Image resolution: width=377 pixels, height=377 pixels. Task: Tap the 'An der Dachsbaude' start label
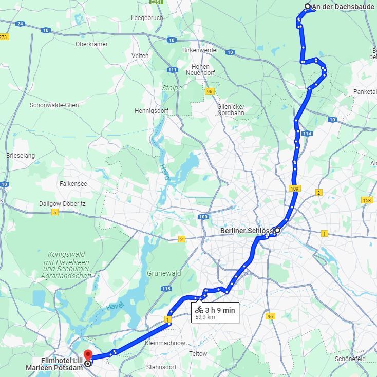coord(344,7)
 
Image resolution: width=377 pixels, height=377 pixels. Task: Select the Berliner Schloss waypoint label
coord(246,231)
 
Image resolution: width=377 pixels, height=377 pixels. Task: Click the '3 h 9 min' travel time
coord(220,310)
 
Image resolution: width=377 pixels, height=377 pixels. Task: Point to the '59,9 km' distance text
coord(205,317)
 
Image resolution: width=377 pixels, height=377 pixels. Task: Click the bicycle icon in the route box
coord(199,310)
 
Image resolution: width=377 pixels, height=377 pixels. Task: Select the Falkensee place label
coord(73,183)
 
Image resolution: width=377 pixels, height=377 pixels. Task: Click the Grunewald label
coord(164,273)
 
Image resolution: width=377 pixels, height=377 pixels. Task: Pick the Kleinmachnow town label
coord(165,343)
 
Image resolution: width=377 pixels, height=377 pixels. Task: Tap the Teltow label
coord(198,354)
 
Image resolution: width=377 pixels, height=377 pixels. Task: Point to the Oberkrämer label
coord(91,44)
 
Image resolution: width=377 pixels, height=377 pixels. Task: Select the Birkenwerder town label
coord(200,50)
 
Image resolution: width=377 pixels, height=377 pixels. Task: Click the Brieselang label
coord(20,155)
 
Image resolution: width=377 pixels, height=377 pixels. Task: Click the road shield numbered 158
coord(367,200)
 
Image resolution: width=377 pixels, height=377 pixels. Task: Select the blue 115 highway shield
coord(166,289)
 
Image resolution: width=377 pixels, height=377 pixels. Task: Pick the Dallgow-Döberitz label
coord(63,203)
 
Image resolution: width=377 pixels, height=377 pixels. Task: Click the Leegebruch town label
coord(147,18)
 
